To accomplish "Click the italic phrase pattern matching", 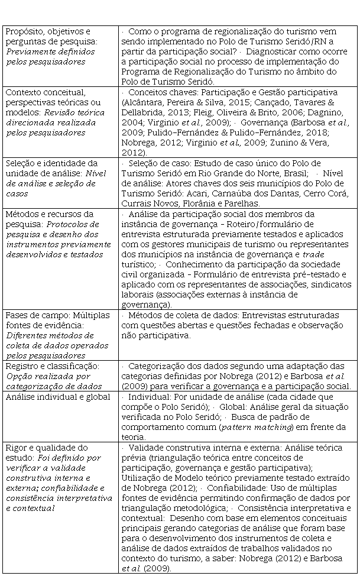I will coord(242,426).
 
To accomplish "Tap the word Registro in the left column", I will coord(20,366).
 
